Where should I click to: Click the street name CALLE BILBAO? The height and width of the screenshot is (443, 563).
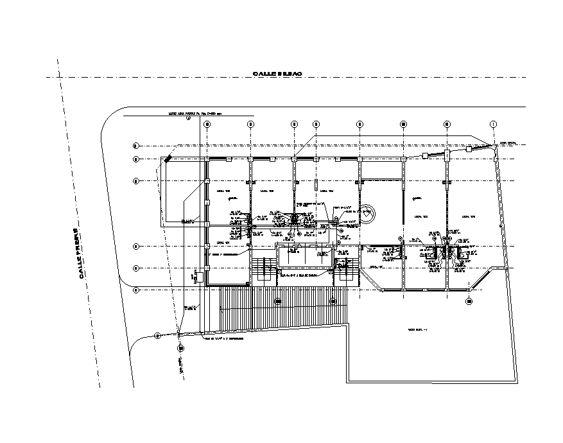pyautogui.click(x=277, y=74)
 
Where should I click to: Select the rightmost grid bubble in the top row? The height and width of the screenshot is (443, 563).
pyautogui.click(x=493, y=123)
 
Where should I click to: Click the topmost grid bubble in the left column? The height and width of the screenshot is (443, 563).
pyautogui.click(x=135, y=145)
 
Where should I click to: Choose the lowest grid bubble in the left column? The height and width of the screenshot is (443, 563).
pyautogui.click(x=135, y=290)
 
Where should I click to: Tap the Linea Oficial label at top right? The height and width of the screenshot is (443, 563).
pyautogui.click(x=507, y=143)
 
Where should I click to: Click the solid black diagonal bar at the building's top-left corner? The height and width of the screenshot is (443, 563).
pyautogui.click(x=167, y=158)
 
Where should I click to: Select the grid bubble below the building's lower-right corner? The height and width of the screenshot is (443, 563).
pyautogui.click(x=469, y=300)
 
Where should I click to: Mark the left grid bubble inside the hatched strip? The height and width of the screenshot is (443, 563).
pyautogui.click(x=278, y=300)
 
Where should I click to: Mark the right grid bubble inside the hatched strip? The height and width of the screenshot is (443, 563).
pyautogui.click(x=333, y=300)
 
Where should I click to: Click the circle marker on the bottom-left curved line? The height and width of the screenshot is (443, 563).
pyautogui.click(x=157, y=334)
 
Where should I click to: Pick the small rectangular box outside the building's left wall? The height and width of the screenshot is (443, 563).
pyautogui.click(x=200, y=277)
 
